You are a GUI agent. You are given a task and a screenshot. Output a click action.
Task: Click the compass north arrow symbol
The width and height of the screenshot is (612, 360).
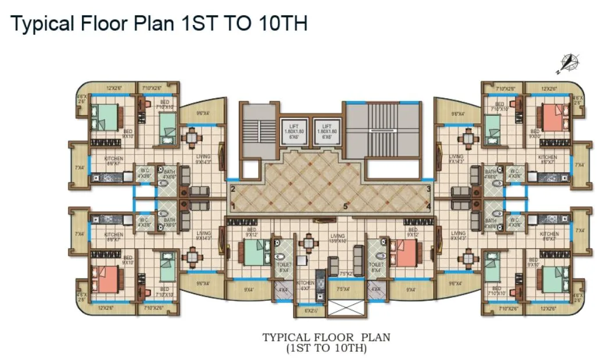point(567,63)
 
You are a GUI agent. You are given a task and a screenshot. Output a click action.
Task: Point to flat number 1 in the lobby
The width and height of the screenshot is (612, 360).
point(233,206)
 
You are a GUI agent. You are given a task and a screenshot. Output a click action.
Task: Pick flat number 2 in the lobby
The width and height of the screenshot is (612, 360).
point(233,189)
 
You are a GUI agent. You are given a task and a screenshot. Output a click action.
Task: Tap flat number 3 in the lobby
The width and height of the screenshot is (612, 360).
point(428,189)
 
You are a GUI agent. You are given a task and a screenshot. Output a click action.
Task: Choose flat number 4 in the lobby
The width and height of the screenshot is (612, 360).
point(428,206)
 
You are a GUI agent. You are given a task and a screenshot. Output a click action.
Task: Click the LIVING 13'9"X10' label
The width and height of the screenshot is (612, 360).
point(337,238)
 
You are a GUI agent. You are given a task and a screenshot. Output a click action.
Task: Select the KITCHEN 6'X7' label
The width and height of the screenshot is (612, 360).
point(305,285)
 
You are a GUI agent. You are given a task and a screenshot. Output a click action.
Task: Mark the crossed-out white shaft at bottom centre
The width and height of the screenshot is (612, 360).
point(344,306)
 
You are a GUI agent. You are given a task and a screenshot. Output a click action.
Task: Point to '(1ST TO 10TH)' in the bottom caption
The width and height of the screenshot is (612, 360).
point(326,349)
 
